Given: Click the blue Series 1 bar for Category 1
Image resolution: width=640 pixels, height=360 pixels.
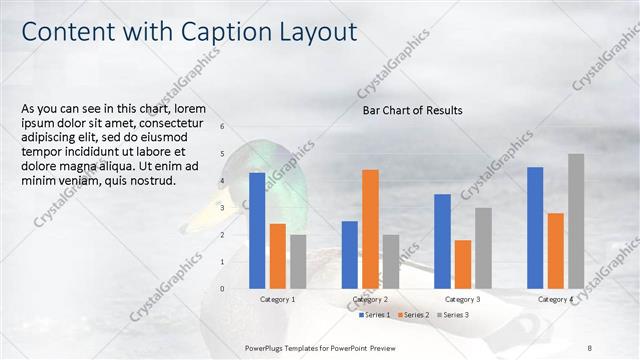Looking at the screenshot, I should click(x=257, y=230).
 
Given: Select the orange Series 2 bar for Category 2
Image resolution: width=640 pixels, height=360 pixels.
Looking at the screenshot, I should click(x=370, y=229).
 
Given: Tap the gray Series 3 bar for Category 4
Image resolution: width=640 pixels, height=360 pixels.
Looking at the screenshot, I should click(x=576, y=221).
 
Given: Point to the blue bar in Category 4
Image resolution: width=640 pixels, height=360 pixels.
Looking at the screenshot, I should click(x=535, y=228).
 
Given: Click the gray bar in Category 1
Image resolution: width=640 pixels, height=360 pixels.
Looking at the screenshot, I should click(x=298, y=261).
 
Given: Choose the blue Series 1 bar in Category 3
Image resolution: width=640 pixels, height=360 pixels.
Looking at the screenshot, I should click(x=442, y=241).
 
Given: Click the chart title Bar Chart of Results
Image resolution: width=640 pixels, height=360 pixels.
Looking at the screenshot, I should click(x=412, y=110).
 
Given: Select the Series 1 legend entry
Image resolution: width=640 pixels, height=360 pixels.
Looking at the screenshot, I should click(x=376, y=315).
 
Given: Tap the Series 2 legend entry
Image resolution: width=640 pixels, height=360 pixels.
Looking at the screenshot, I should click(x=413, y=315).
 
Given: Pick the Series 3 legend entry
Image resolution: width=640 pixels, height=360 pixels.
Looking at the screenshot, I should click(x=451, y=315).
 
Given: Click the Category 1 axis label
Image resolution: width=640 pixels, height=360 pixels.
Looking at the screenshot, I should click(x=278, y=300).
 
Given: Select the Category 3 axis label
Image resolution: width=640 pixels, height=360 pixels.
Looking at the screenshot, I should click(x=463, y=300).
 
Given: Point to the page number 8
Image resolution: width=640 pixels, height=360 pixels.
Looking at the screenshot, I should click(x=590, y=347).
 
